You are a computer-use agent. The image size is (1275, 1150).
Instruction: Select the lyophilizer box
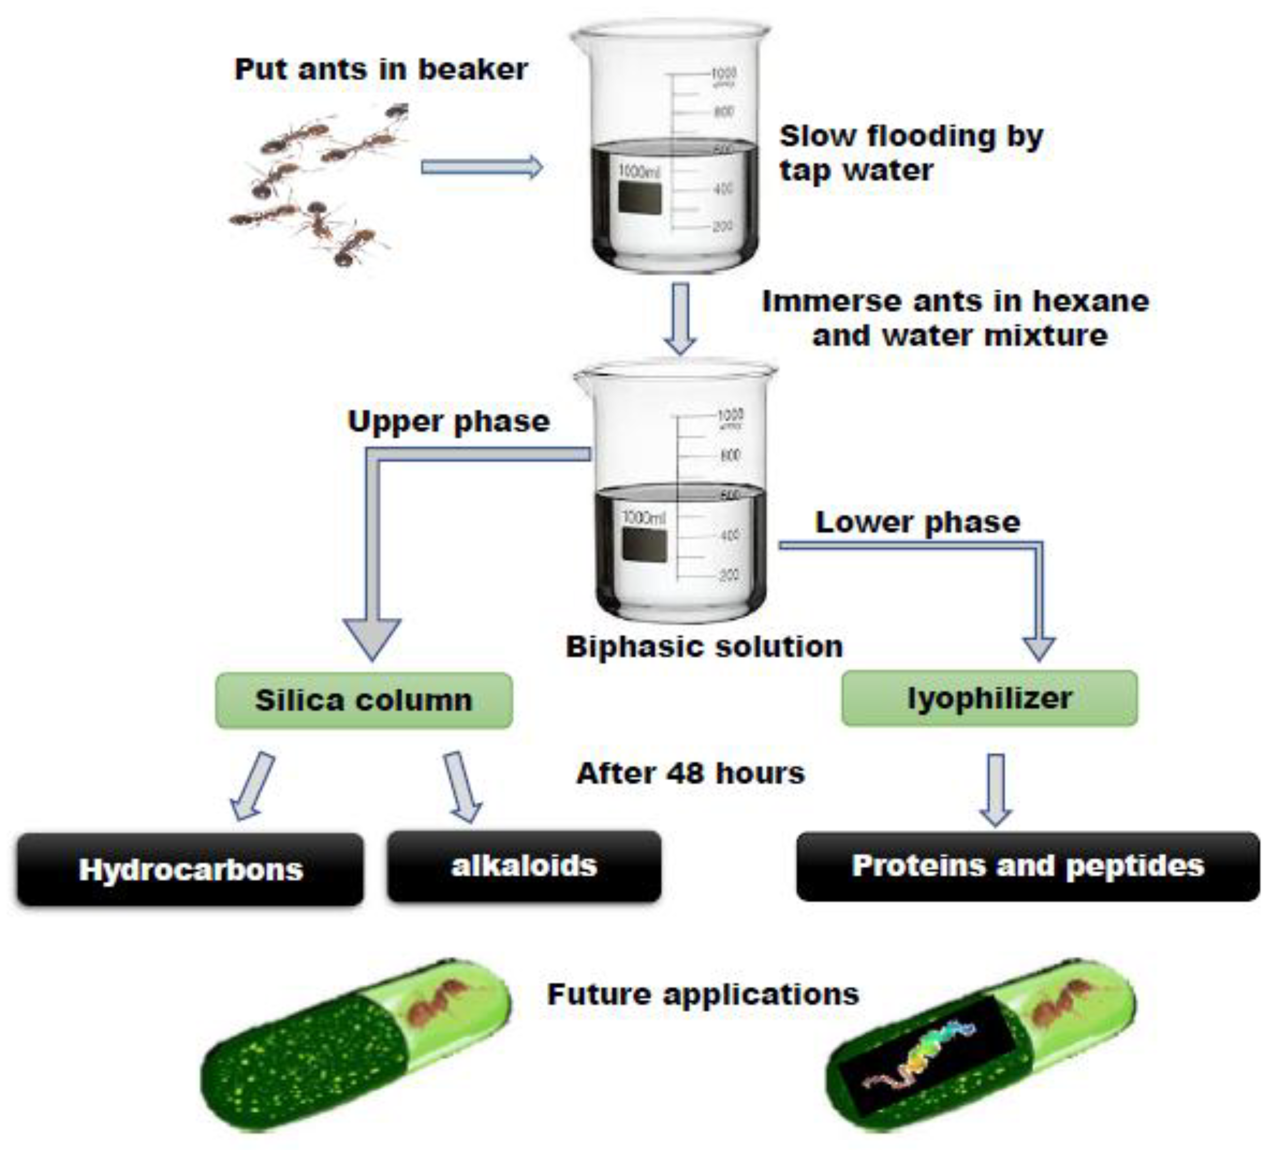click(989, 698)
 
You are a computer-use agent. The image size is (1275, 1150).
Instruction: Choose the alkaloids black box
click(524, 866)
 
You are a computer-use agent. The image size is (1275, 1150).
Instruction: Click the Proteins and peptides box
click(1028, 866)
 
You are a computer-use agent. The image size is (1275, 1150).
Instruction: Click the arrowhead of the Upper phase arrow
click(372, 638)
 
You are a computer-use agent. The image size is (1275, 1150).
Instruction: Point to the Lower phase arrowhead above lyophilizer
click(1039, 648)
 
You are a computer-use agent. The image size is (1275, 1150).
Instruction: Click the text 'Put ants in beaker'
click(381, 69)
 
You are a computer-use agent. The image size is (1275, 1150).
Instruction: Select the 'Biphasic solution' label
click(704, 647)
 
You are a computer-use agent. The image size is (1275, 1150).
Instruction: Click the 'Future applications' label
click(702, 994)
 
